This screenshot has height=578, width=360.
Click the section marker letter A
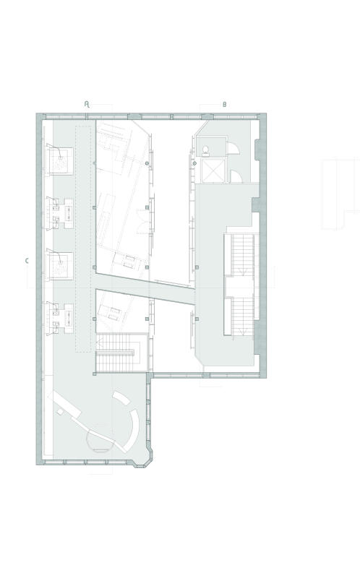click(x=87, y=104)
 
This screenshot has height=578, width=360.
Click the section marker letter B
click(x=224, y=105)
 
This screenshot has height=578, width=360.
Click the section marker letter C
click(x=27, y=261)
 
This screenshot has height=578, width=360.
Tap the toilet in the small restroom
click(x=205, y=150)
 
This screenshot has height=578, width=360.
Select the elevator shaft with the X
click(x=213, y=171)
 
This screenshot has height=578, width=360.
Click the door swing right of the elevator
click(x=236, y=176)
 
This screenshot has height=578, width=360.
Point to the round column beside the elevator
click(x=194, y=163)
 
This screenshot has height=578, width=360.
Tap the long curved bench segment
click(x=132, y=431)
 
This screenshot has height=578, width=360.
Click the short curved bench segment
click(x=121, y=399)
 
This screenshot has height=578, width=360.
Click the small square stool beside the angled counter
click(x=60, y=413)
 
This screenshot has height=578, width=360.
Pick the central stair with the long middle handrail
click(x=121, y=353)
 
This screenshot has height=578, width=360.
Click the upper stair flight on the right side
click(x=242, y=254)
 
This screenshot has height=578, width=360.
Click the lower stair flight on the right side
click(x=242, y=316)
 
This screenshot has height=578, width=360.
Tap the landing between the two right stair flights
click(x=240, y=286)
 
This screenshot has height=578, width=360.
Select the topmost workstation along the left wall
click(x=59, y=160)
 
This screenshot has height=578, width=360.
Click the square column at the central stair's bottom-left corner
click(x=95, y=374)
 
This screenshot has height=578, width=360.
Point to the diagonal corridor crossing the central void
click(x=145, y=289)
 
